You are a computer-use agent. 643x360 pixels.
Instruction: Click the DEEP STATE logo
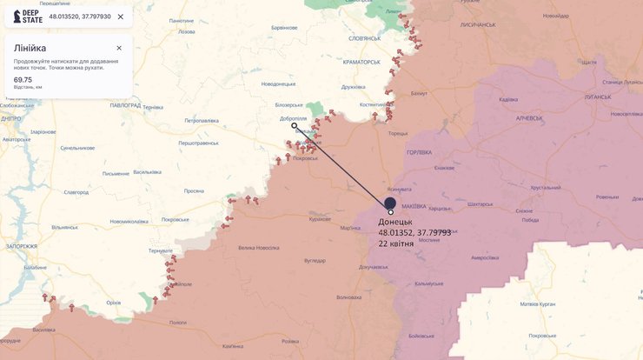click(x=25, y=17)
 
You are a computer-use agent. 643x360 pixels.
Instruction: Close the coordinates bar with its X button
click(x=120, y=17)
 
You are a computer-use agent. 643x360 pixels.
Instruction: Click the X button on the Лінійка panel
click(x=119, y=48)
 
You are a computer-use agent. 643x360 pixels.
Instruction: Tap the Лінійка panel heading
click(x=30, y=48)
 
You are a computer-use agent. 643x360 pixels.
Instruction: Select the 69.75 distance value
click(x=23, y=79)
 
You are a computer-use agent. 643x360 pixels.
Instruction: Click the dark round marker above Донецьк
click(x=390, y=202)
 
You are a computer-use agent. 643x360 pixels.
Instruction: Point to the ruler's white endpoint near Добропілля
click(x=294, y=125)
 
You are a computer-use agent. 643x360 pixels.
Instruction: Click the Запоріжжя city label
click(x=20, y=246)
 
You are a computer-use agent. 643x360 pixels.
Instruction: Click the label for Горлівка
click(x=419, y=153)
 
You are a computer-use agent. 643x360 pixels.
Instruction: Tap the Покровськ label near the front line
click(x=305, y=158)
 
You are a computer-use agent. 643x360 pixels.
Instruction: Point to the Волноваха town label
click(x=348, y=297)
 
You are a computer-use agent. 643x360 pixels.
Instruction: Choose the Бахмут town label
click(x=419, y=92)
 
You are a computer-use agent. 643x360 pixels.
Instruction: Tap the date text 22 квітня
click(x=396, y=243)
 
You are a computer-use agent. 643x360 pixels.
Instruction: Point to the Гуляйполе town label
click(x=179, y=284)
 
